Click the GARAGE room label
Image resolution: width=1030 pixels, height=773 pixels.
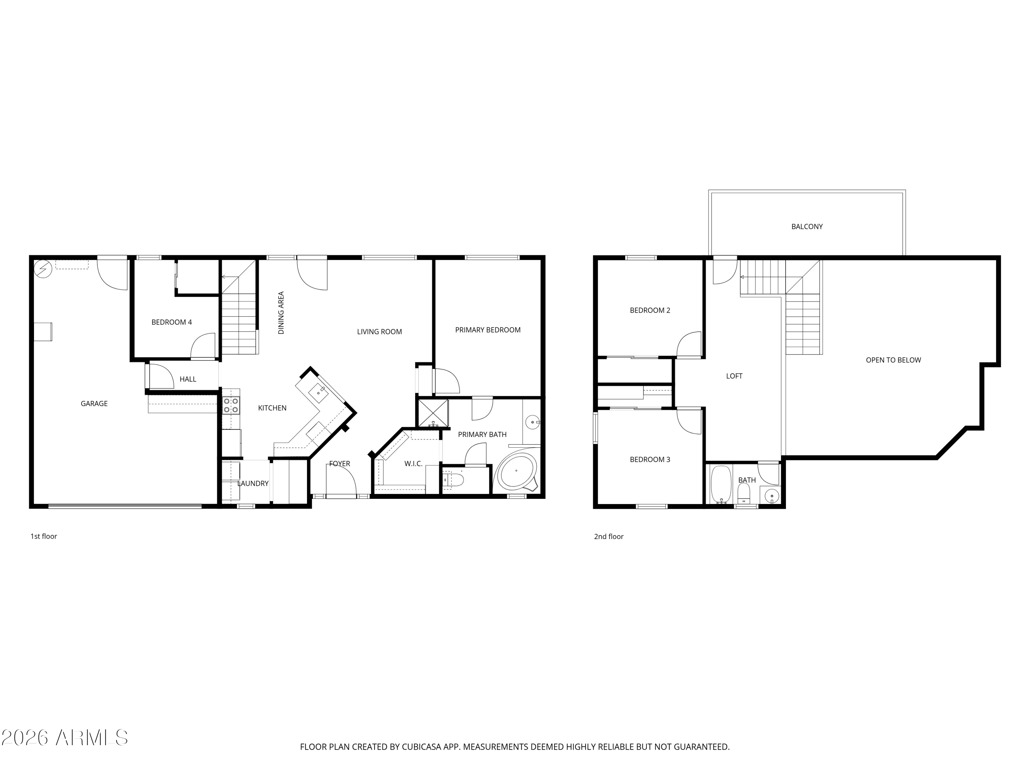94,404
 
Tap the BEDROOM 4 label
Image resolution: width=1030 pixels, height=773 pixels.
171,322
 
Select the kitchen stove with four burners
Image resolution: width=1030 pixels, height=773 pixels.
231,405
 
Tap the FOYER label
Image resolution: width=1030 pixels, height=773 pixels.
340,463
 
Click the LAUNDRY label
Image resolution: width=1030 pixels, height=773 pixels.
253,483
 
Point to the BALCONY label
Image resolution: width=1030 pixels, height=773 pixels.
806,226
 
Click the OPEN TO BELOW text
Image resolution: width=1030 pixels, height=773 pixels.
893,360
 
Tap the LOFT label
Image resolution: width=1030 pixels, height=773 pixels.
734,376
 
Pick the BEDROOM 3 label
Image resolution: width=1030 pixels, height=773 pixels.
650,459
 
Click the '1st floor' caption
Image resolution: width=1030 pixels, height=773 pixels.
44,536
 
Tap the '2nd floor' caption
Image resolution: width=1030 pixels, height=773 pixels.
608,537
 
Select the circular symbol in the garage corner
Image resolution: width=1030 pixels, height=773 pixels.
43,269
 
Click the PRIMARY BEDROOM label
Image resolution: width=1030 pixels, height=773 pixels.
488,330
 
